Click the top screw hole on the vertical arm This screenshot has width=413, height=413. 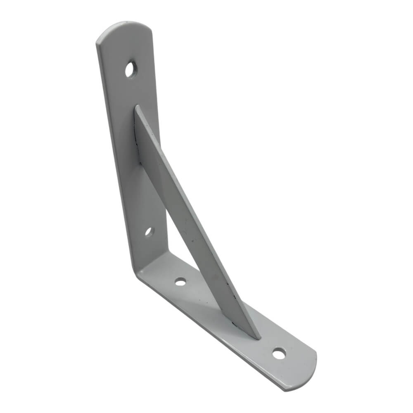pyautogui.click(x=131, y=69)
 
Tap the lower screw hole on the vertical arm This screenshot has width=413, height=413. pyautogui.click(x=149, y=232)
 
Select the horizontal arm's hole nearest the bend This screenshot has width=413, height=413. pyautogui.click(x=180, y=282)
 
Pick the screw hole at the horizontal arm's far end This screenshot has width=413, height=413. pyautogui.click(x=279, y=354)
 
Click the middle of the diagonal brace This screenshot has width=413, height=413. pyautogui.click(x=186, y=206)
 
